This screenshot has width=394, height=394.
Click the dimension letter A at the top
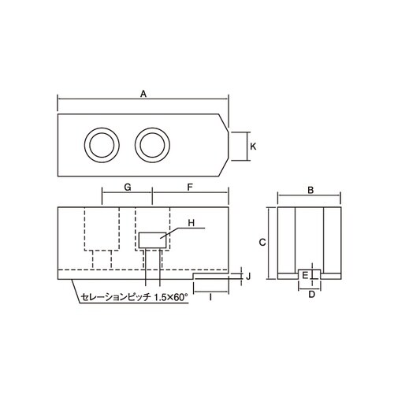click(x=143, y=93)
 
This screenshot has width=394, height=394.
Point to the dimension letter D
click(x=311, y=294)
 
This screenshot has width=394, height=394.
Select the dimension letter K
click(x=253, y=146)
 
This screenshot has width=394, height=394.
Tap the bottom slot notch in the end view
click(x=311, y=275)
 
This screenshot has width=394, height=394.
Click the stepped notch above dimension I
click(x=210, y=277)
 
